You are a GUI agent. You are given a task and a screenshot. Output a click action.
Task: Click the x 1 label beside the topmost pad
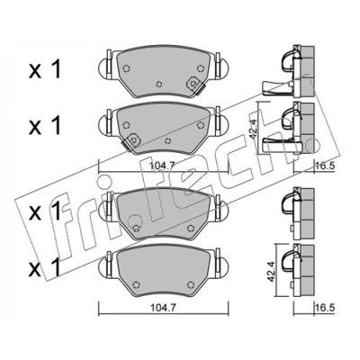[x=45, y=69]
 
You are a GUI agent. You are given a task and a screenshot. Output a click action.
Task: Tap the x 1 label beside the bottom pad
[x=45, y=267]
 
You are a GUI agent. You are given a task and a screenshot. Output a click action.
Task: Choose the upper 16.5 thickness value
[x=325, y=166]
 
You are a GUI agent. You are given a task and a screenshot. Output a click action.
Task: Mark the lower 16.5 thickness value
[x=325, y=308]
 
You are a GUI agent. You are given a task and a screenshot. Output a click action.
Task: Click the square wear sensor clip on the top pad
[x=194, y=84]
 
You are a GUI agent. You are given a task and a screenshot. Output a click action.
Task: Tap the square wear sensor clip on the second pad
[x=132, y=140]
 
